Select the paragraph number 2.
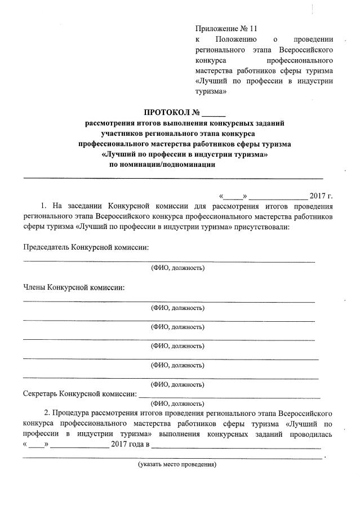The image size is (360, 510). [x=47, y=414]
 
